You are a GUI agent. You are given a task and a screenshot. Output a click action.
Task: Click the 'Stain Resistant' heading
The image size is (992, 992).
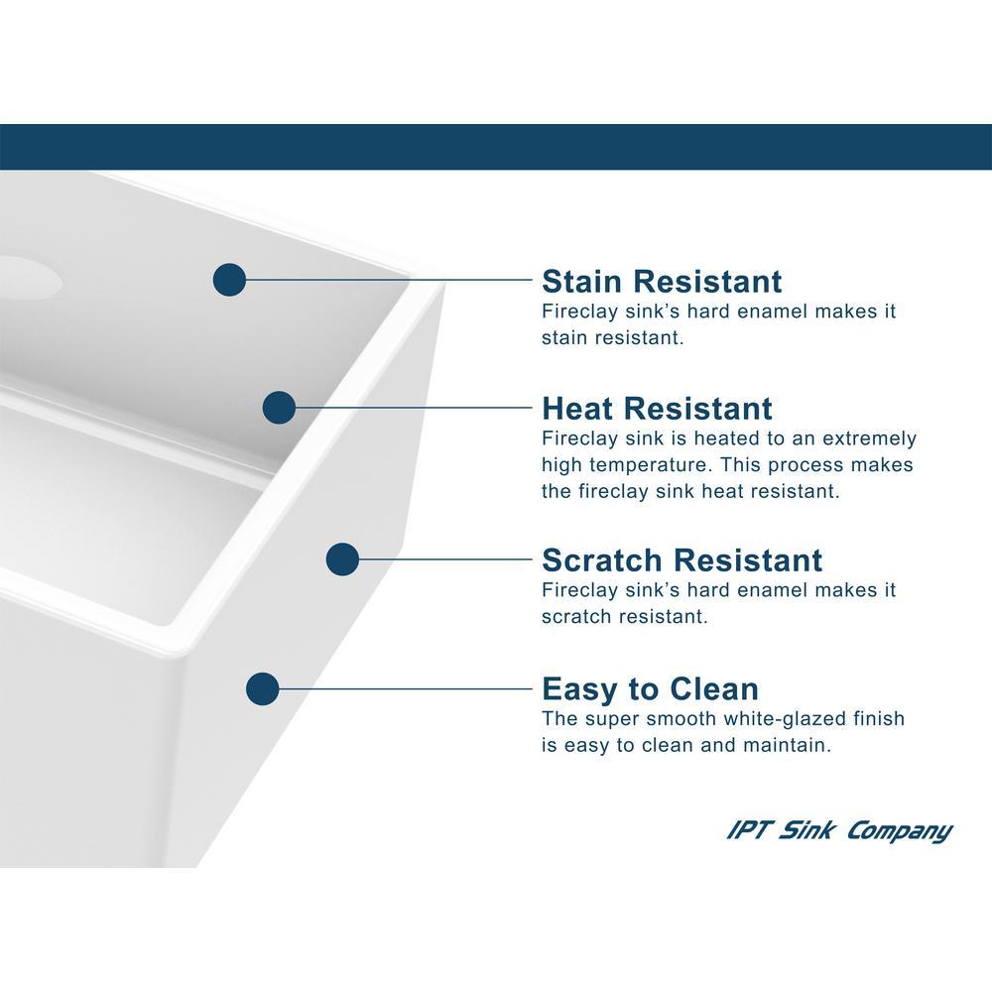pos(662,281)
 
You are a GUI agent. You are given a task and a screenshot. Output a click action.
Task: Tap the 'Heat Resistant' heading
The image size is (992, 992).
pos(657,408)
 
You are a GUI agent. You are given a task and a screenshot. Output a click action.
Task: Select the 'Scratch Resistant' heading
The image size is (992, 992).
pos(682,559)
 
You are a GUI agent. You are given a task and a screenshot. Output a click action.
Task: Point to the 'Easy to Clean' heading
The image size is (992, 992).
pos(650,688)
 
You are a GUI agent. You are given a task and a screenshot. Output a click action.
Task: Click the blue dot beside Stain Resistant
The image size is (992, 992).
pos(229,280)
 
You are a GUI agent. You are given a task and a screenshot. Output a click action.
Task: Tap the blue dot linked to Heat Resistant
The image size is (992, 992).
pos(279,407)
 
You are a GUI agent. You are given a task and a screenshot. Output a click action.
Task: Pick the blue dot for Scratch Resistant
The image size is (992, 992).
pos(342,559)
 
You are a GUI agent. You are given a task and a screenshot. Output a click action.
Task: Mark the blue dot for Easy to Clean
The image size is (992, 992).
pos(262,687)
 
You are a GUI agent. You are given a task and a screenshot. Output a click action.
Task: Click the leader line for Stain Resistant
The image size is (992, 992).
pos(387,280)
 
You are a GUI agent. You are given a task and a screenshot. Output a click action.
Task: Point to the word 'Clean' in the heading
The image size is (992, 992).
pos(710,688)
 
